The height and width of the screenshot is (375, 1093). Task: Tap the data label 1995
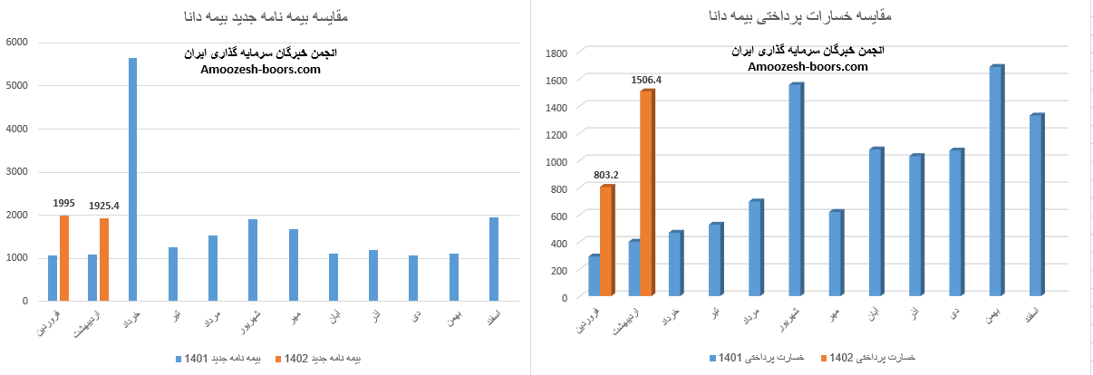[63, 204]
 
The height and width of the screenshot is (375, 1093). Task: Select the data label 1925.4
[104, 206]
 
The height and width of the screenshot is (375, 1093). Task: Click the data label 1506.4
[646, 80]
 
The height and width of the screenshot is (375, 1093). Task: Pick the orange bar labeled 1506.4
[646, 194]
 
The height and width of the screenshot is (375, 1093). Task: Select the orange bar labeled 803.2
[606, 241]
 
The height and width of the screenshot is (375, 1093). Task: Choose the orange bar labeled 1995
[64, 257]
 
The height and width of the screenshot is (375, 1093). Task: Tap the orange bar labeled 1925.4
[104, 259]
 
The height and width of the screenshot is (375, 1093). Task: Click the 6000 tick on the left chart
[17, 42]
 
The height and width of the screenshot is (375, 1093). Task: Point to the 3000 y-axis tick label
[17, 171]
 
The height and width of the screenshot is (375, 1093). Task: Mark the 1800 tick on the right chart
[556, 53]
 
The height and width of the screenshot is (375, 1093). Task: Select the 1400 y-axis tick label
[556, 107]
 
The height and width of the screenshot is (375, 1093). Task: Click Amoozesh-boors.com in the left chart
[260, 69]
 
